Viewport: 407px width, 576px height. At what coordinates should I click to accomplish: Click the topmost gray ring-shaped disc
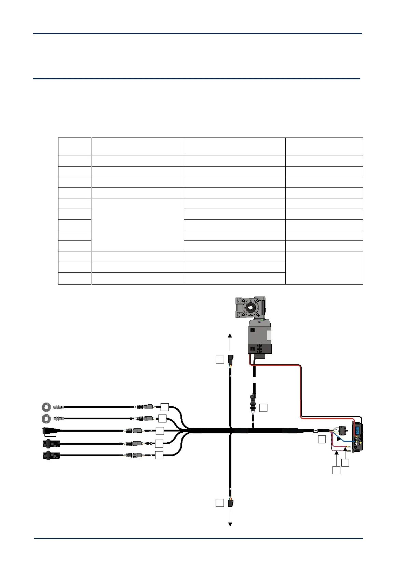point(46,407)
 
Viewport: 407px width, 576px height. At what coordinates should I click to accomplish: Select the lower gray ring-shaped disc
point(46,418)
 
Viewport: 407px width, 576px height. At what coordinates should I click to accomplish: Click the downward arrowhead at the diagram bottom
point(230,524)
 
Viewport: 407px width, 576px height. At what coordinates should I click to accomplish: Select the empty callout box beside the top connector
point(220,359)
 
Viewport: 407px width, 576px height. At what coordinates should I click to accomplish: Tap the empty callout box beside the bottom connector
point(220,502)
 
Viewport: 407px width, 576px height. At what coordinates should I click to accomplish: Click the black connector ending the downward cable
point(230,503)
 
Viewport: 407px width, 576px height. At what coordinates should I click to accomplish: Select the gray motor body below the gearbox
point(259,337)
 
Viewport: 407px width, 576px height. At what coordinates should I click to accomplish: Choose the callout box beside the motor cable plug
point(263,408)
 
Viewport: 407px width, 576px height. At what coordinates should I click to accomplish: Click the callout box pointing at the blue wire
point(322,440)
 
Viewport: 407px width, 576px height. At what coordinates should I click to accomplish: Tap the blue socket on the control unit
point(357,430)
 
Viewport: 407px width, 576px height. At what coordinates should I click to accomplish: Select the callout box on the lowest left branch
point(159,455)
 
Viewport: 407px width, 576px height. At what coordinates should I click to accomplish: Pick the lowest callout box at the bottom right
point(337,471)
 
